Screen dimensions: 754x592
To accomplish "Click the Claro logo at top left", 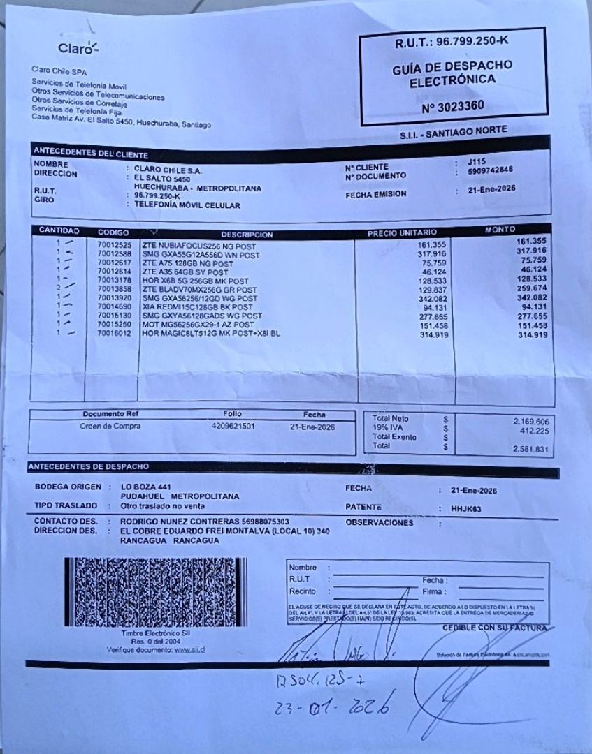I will (x=78, y=48).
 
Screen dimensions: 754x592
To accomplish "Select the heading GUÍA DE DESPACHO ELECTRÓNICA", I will (x=452, y=72).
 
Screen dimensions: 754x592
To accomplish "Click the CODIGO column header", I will (x=113, y=231).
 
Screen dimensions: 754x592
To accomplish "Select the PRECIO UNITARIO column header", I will (x=402, y=232).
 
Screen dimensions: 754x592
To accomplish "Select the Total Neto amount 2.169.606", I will (x=530, y=422).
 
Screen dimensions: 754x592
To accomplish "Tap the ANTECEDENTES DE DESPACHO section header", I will (x=88, y=466).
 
